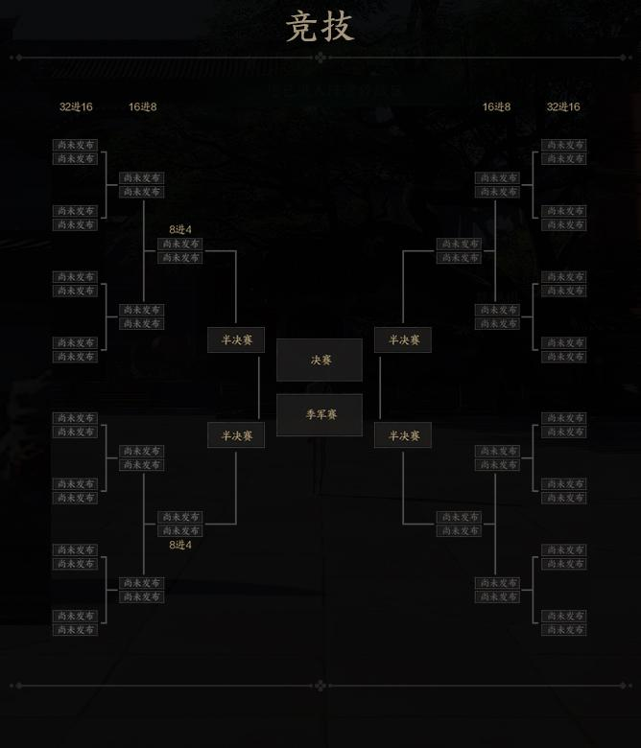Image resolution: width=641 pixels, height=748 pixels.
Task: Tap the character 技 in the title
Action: pyautogui.click(x=337, y=27)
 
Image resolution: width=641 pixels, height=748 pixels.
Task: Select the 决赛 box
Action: pyautogui.click(x=320, y=361)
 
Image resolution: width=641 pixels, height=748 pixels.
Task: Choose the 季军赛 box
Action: pyautogui.click(x=320, y=415)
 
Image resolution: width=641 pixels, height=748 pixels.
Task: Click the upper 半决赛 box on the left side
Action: pyautogui.click(x=236, y=340)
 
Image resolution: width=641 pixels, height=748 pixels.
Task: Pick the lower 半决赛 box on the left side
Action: pyautogui.click(x=236, y=436)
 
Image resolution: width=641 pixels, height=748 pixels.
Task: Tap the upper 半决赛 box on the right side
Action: pyautogui.click(x=403, y=340)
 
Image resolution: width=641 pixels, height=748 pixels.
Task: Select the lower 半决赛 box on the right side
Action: pyautogui.click(x=403, y=436)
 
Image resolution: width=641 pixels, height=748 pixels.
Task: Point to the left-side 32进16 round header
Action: pyautogui.click(x=76, y=106)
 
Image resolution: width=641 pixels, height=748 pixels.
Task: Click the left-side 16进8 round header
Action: pyautogui.click(x=143, y=106)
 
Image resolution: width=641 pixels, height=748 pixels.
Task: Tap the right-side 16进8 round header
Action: pyautogui.click(x=496, y=106)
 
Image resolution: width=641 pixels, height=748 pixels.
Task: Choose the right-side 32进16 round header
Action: pyautogui.click(x=563, y=106)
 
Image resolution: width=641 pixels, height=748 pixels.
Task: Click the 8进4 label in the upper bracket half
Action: pyautogui.click(x=180, y=230)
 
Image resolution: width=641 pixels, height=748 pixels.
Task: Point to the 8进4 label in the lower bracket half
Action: pyautogui.click(x=180, y=545)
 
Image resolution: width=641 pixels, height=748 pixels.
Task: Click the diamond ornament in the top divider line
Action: pyautogui.click(x=320, y=58)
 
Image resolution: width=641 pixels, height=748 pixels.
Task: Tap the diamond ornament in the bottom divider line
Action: pyautogui.click(x=320, y=686)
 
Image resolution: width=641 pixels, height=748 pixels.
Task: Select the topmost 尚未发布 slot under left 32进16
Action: pyautogui.click(x=76, y=145)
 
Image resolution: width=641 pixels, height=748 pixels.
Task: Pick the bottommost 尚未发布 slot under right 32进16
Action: pyautogui.click(x=563, y=630)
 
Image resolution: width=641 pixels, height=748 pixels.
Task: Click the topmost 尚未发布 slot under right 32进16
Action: pyautogui.click(x=563, y=145)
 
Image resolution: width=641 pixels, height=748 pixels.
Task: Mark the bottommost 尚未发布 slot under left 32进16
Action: pyautogui.click(x=76, y=630)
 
